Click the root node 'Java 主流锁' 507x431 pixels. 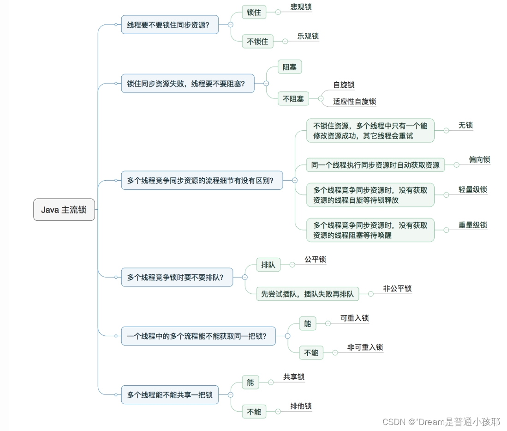[x=64, y=210]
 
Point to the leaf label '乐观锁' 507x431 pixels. [x=308, y=36]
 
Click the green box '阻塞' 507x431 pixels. [x=289, y=67]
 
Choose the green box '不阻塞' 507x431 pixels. [x=293, y=98]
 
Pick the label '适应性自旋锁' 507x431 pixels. [x=354, y=102]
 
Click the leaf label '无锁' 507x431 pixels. [x=465, y=126]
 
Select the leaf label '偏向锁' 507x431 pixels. [x=479, y=160]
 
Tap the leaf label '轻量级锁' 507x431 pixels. [x=472, y=190]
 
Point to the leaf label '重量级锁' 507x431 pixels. [x=472, y=225]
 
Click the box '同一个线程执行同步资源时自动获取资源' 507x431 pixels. [x=375, y=165]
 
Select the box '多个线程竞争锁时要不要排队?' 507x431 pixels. [x=177, y=277]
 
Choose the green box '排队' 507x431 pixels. [x=268, y=265]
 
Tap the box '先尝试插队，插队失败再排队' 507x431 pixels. [x=307, y=294]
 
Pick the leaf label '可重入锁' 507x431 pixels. [x=354, y=318]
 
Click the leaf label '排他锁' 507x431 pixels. [x=301, y=407]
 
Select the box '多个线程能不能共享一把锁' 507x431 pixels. [x=170, y=395]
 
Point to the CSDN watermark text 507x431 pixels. [x=441, y=421]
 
